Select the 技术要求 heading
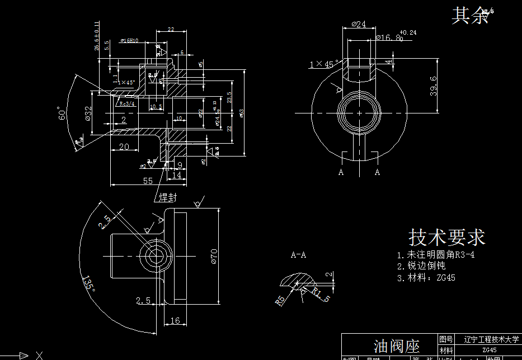click(x=446, y=237)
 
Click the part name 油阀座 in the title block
click(x=397, y=347)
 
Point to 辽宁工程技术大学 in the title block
click(x=491, y=339)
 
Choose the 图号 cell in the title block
click(x=446, y=339)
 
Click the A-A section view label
click(x=298, y=255)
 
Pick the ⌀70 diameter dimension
click(x=213, y=255)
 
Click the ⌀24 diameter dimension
click(x=359, y=25)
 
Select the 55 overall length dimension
click(x=148, y=181)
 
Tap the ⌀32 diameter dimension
click(x=88, y=113)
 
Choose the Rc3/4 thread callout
click(x=126, y=103)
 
